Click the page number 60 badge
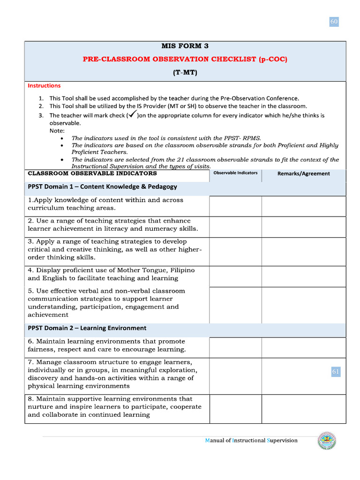[334, 22]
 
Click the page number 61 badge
[336, 372]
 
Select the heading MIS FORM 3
[185, 46]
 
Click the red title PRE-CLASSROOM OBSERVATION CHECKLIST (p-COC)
[185, 59]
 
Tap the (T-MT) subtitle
[185, 73]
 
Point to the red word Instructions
[44, 86]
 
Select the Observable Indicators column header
[235, 173]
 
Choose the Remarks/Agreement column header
[303, 173]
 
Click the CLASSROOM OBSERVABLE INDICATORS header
[92, 173]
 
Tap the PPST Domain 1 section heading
[102, 187]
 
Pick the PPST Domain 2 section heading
[87, 328]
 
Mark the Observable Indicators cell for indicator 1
[235, 206]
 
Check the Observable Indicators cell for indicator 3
[235, 251]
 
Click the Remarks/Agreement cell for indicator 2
[303, 227]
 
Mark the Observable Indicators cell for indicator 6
[235, 347]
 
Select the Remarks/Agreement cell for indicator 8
[303, 409]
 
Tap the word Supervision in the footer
[282, 441]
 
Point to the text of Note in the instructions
[57, 131]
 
